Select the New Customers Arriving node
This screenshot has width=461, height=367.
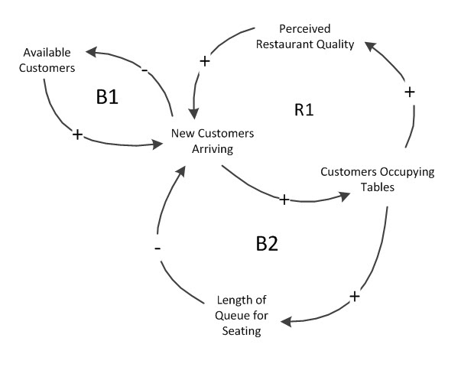coord(213,140)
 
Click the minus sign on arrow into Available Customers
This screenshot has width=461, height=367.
coord(144,70)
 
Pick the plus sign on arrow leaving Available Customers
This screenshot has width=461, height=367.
coord(76,134)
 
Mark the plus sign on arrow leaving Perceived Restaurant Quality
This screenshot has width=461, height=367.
coord(204,60)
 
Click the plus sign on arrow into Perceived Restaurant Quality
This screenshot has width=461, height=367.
coord(409,92)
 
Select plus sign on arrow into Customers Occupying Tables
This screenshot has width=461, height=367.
coord(284,200)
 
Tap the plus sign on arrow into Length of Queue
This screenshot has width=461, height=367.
coord(353,296)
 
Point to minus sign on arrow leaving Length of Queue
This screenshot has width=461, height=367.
coord(157,248)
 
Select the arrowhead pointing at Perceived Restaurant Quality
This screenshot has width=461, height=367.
coord(368,47)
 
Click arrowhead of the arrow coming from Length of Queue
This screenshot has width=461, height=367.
coord(180,169)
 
